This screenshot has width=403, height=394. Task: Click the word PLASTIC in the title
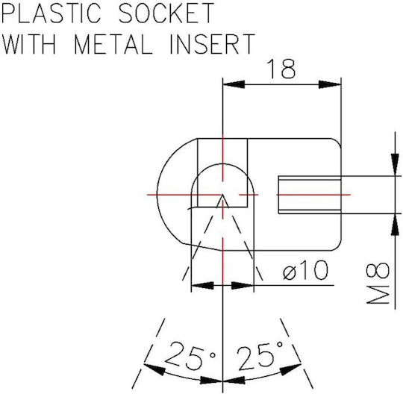[51, 13]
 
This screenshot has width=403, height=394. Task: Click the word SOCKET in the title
[166, 13]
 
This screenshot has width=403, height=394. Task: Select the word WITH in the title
[28, 44]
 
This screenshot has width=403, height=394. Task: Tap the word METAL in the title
[113, 44]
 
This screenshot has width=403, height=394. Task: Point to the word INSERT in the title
[212, 44]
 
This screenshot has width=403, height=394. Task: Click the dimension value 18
[281, 69]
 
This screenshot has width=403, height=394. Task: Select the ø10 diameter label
[305, 270]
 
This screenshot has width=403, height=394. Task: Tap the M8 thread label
[378, 283]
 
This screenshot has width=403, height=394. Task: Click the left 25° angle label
[190, 355]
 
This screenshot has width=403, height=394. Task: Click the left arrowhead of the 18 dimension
[234, 84]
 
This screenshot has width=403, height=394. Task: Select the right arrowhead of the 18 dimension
[330, 84]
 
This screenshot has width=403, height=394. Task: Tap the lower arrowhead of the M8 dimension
[395, 225]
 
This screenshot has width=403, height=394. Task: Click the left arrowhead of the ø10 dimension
[202, 285]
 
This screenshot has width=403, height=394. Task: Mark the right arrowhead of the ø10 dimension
[243, 285]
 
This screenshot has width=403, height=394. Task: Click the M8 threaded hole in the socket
[310, 195]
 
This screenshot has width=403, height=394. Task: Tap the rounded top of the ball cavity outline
[222, 163]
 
